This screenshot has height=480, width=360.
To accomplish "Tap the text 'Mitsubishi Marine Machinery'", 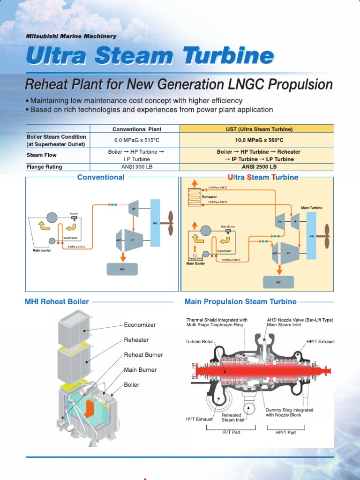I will [x=71, y=36].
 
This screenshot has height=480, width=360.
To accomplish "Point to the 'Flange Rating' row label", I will [x=45, y=166].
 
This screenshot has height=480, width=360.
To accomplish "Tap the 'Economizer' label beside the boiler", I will [x=139, y=325].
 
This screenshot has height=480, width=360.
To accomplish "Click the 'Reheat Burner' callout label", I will [x=143, y=355].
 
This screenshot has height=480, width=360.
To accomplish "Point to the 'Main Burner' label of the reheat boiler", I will [x=140, y=370].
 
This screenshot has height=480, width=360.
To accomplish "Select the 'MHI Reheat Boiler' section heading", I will [x=57, y=302].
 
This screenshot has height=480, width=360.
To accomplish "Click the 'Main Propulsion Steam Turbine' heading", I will [x=240, y=302].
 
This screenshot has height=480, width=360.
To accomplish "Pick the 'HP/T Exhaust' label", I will [x=321, y=342].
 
